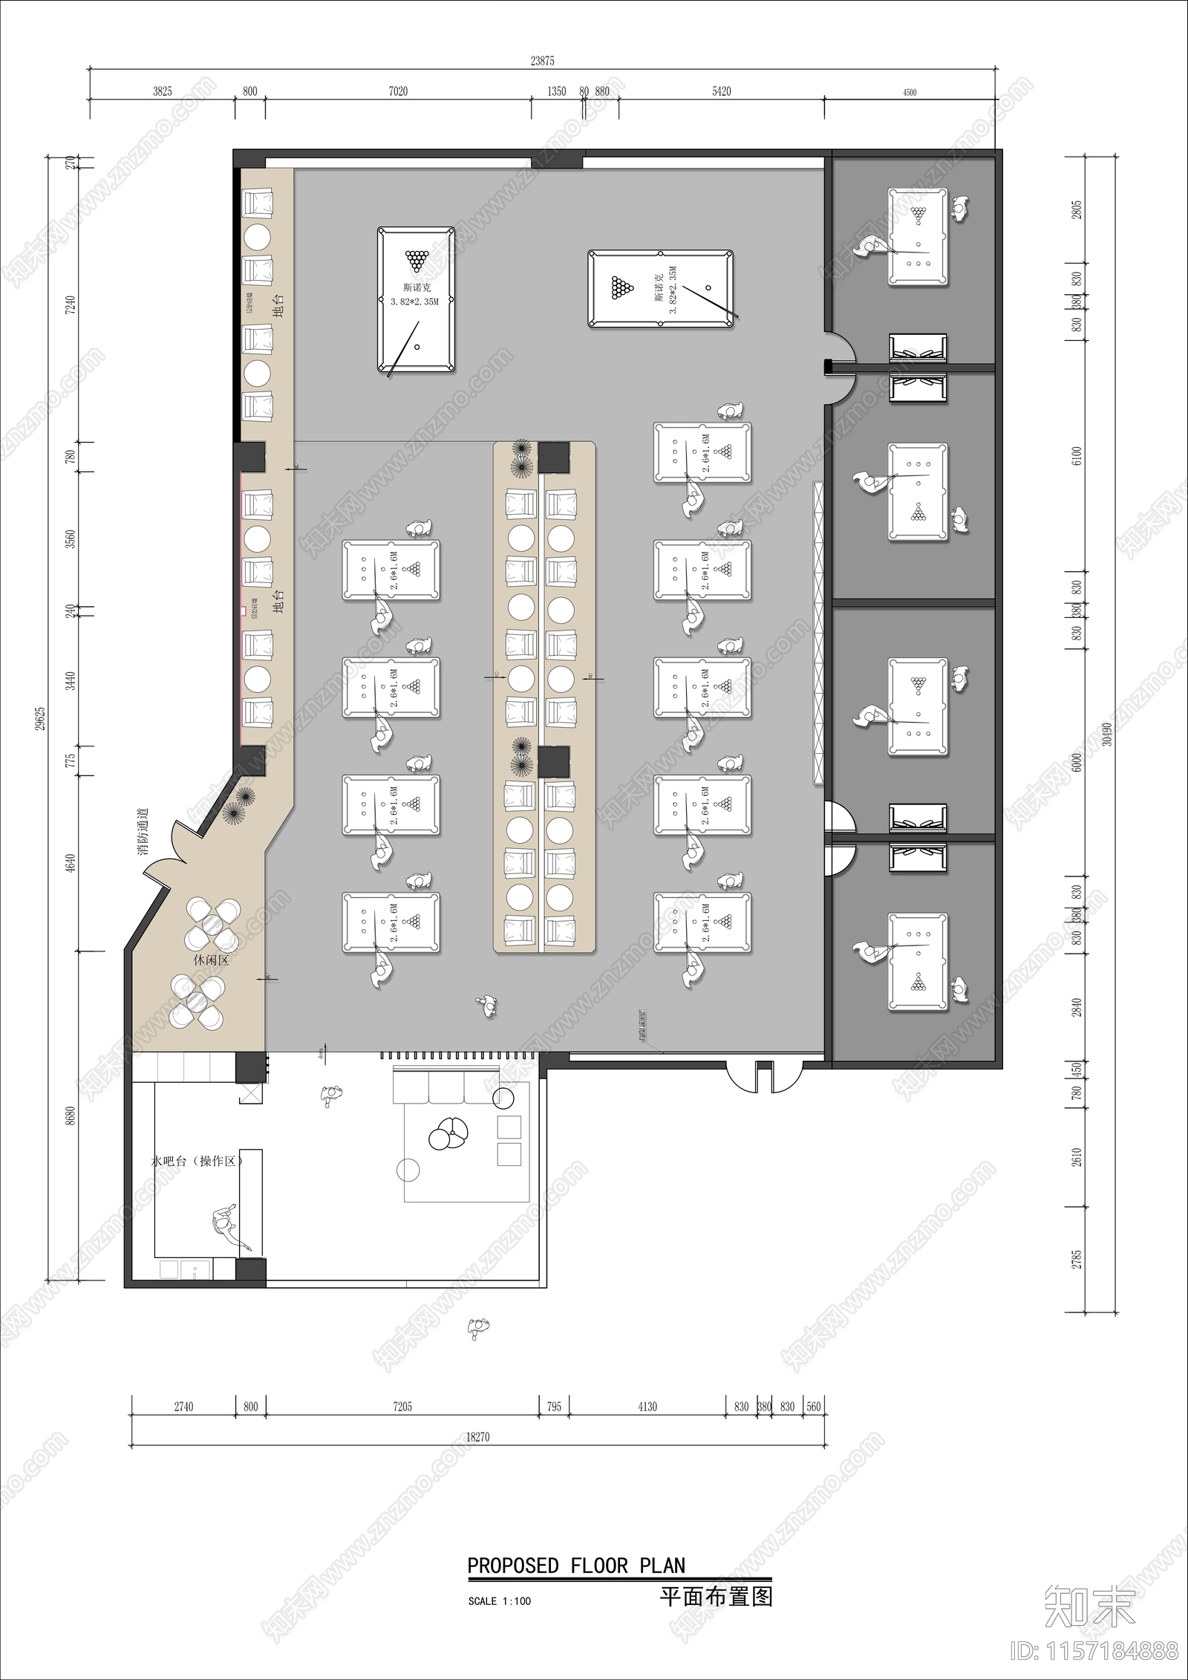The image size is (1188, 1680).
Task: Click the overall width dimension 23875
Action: [x=542, y=61]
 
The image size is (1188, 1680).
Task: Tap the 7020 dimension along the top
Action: [x=398, y=91]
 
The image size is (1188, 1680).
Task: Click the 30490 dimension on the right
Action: [x=1107, y=734]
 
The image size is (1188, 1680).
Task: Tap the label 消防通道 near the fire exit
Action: [x=144, y=832]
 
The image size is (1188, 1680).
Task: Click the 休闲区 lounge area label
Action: [x=211, y=960]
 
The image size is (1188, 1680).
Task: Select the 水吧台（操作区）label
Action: [x=197, y=1159]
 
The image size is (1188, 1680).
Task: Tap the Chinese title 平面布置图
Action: [x=716, y=1596]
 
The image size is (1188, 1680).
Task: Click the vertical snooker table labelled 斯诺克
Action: [x=416, y=299]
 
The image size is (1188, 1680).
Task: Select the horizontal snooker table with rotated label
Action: [x=661, y=289]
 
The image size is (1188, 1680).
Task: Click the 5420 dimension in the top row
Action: [x=721, y=91]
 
